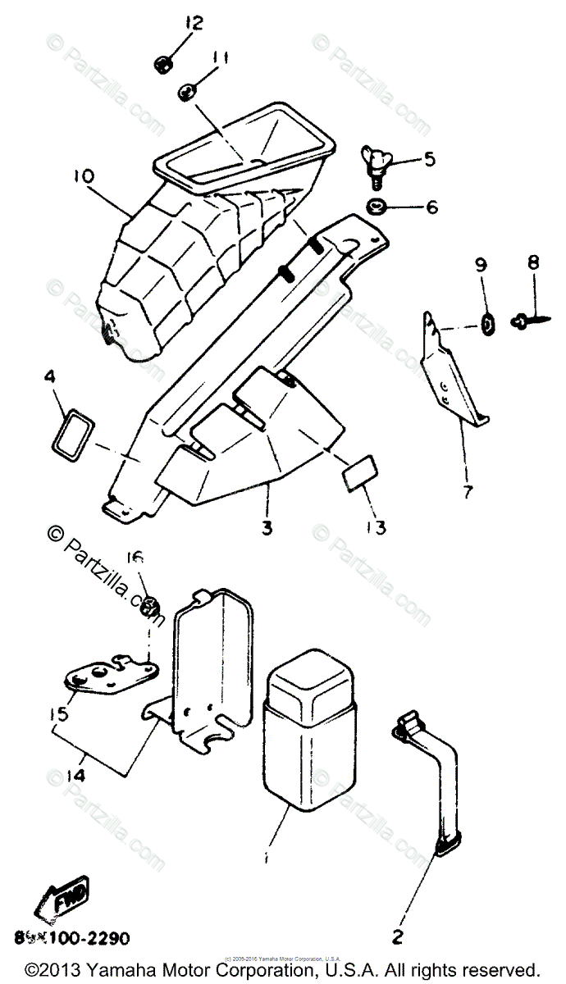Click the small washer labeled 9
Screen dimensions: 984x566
[486, 326]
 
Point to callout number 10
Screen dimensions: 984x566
[84, 176]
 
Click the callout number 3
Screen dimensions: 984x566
[266, 528]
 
